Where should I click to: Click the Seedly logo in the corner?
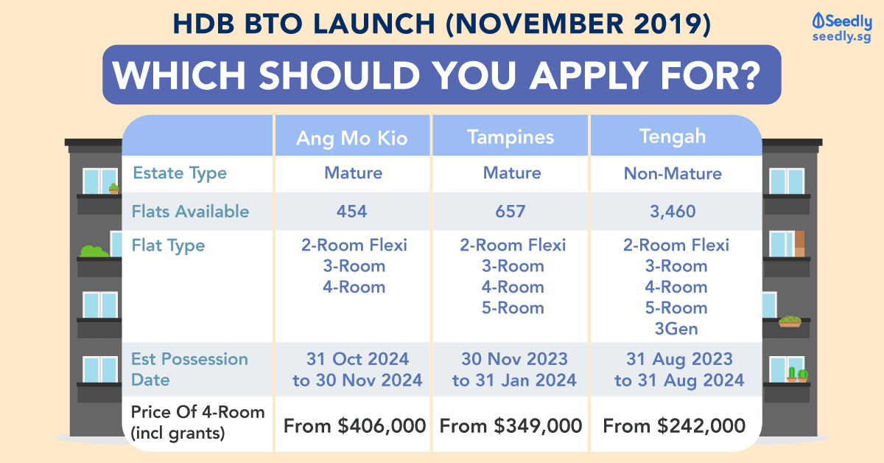click(842, 28)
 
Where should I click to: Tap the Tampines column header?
click(511, 137)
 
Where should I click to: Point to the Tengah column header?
click(673, 136)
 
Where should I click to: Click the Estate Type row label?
click(180, 173)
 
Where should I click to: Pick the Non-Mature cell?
click(673, 173)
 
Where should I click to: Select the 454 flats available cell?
click(351, 212)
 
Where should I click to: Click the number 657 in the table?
click(511, 212)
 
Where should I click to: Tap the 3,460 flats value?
click(673, 212)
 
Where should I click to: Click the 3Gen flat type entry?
click(676, 329)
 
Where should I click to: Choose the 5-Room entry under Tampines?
click(513, 307)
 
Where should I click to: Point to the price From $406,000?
click(354, 426)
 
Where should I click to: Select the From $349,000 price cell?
click(511, 426)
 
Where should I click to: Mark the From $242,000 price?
click(674, 426)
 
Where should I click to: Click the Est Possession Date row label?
click(189, 369)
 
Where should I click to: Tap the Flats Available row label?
click(190, 212)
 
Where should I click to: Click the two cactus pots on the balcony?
click(798, 374)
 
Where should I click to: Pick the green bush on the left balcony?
click(94, 251)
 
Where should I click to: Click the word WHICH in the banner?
click(179, 75)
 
